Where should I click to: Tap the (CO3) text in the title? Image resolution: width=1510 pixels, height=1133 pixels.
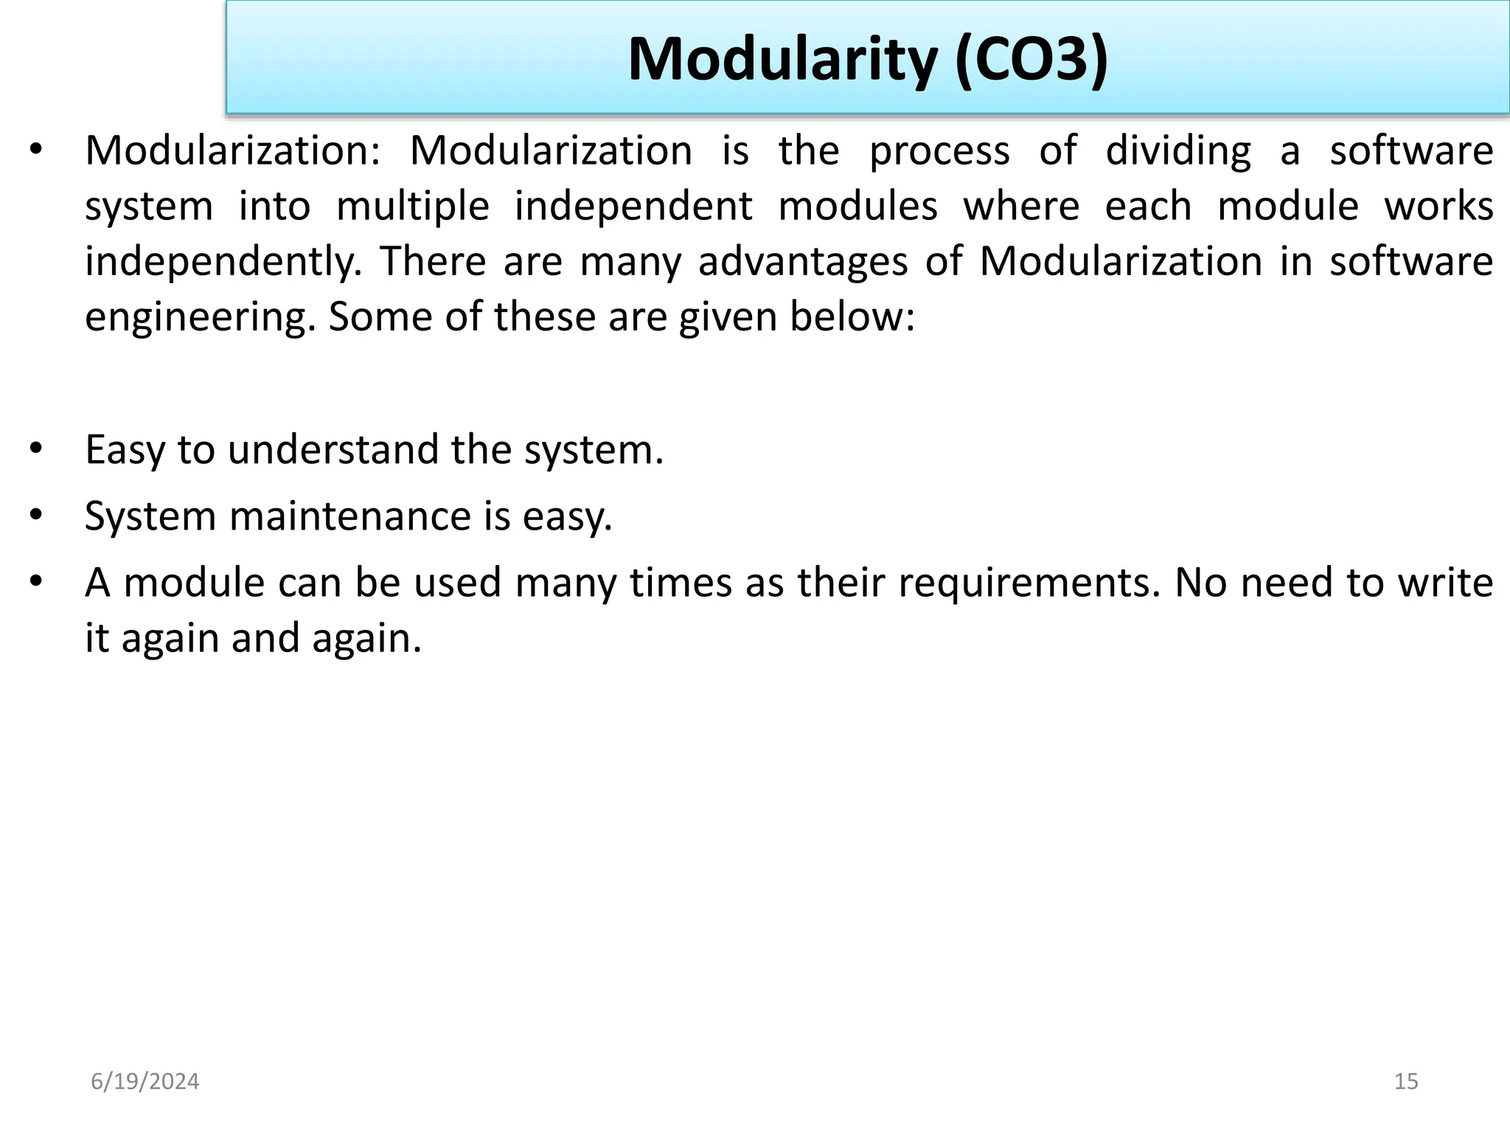[x=1031, y=59]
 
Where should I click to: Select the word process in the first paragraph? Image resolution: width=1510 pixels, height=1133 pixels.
[x=939, y=151]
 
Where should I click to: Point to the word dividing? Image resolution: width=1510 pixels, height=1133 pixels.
[x=1178, y=151]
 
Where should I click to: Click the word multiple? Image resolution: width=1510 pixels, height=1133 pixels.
[x=413, y=207]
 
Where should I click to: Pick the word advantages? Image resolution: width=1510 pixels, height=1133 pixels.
[x=803, y=262]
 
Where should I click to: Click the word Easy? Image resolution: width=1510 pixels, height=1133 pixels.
[x=125, y=450]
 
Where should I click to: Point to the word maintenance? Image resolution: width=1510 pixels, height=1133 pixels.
[x=350, y=516]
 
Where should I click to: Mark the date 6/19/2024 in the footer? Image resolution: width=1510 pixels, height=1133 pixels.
[x=145, y=1081]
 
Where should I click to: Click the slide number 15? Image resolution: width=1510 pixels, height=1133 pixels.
[x=1406, y=1081]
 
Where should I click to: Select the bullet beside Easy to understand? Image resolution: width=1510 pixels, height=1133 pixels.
[x=36, y=448]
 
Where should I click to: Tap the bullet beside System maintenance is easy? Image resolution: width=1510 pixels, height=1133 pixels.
[x=36, y=515]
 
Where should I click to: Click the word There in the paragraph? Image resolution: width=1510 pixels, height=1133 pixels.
[x=433, y=262]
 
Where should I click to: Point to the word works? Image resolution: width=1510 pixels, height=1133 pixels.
[x=1438, y=207]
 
